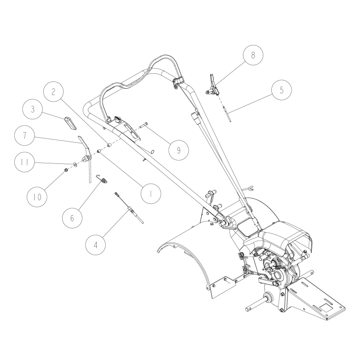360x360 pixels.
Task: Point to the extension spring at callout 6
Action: click(103, 180)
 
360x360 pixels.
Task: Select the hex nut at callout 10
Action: click(66, 170)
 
